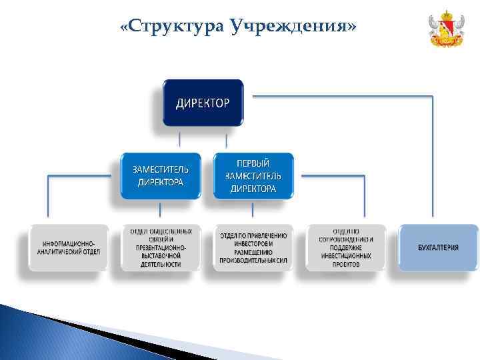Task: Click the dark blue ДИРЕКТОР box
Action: tap(203, 103)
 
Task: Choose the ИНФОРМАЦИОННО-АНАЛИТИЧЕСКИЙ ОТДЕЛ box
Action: tap(68, 247)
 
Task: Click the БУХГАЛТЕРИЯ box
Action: tap(438, 247)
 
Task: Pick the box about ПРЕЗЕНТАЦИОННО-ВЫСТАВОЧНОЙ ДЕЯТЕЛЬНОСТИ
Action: tap(160, 247)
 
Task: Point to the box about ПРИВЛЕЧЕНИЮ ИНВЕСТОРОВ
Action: tap(253, 247)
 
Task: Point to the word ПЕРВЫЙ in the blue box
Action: tap(253, 163)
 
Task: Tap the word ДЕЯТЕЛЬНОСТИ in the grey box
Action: tap(160, 264)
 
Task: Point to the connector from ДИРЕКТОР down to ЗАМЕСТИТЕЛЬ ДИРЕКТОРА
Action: tap(179, 141)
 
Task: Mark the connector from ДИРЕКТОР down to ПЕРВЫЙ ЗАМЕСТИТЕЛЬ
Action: tap(227, 141)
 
